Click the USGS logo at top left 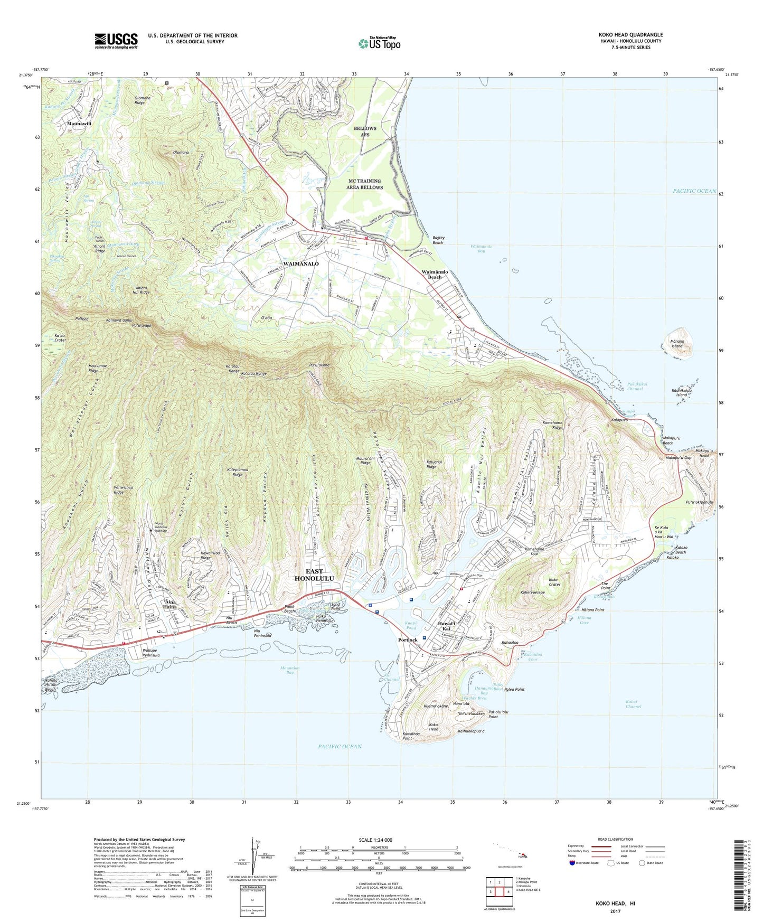116,41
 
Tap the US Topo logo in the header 379,43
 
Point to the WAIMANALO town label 300,264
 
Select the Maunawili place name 80,123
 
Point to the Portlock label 408,639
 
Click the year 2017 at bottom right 615,911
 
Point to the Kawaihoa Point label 413,736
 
